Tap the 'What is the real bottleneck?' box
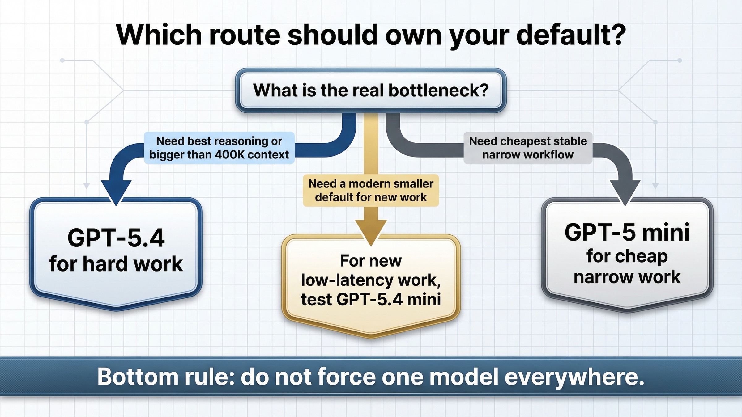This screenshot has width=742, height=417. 371,90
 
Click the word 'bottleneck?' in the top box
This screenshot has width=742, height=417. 438,90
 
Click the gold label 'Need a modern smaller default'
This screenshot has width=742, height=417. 371,190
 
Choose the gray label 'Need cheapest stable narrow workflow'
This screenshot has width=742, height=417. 528,148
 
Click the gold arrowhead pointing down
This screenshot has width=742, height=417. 371,232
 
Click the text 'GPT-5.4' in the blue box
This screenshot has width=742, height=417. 116,238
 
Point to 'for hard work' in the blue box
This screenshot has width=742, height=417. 116,264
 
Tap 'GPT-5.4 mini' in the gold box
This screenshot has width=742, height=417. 388,299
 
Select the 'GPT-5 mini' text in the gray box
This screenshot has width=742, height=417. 627,232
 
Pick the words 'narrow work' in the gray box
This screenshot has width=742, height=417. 627,277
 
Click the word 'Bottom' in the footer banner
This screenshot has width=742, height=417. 138,377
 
